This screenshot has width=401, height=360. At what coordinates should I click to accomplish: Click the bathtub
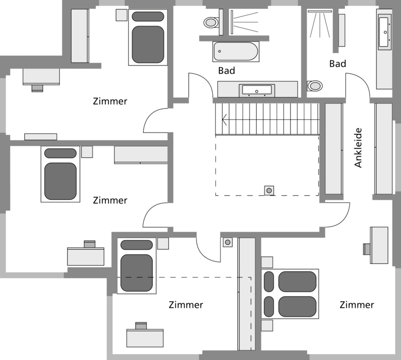pos(236,51)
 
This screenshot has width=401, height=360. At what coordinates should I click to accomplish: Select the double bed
pos(290,294)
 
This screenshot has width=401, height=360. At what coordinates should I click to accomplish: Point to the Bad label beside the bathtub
pos(226,71)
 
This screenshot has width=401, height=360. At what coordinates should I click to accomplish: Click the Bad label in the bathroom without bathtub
pos(338,64)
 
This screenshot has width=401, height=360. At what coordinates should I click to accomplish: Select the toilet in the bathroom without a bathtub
pos(315,86)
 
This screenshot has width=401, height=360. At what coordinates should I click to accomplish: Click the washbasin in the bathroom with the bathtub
pos(257,90)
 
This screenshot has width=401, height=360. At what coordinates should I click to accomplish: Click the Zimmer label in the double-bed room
pos(356,305)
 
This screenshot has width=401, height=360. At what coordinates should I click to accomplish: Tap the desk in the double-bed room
pos(378,245)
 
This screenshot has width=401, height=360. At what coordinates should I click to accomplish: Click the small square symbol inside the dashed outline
pos(269,190)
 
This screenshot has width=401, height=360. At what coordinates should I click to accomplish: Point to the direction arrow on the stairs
pos(225,121)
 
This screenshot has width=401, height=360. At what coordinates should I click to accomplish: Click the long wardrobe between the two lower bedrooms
pos(247,294)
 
